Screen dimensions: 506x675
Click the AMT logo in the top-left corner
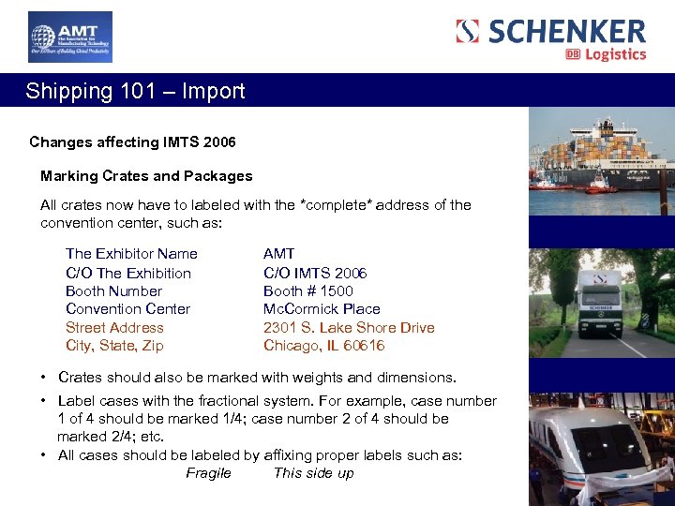tap(70, 37)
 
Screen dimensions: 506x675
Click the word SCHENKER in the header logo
tap(566, 31)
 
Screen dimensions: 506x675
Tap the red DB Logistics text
tap(607, 54)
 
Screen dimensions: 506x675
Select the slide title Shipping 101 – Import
tap(135, 91)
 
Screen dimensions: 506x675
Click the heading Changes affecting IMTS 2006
tap(132, 142)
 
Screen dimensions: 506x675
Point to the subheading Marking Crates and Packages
tap(146, 176)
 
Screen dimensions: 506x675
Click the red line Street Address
tap(114, 328)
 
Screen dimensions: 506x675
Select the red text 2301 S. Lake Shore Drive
tap(349, 328)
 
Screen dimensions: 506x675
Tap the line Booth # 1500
tap(308, 291)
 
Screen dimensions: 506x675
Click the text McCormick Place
tap(322, 309)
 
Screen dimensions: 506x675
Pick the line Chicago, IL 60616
tap(324, 346)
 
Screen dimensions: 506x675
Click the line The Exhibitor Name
tap(131, 254)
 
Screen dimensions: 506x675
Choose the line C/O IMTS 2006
tap(315, 274)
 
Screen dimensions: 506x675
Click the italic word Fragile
tap(208, 473)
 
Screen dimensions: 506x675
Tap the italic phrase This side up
tap(313, 473)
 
